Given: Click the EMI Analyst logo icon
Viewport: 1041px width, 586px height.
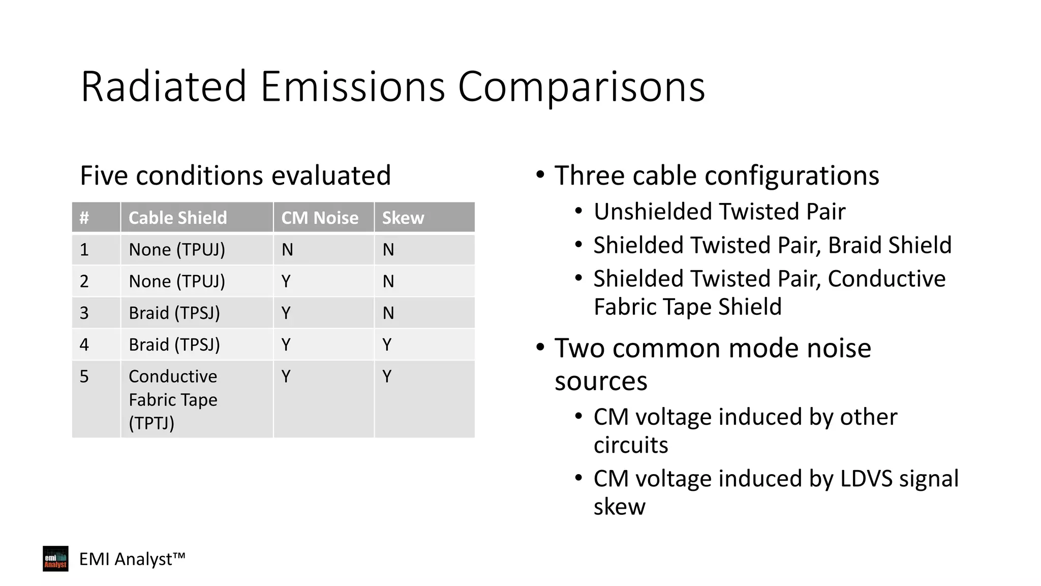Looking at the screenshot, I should (x=55, y=559).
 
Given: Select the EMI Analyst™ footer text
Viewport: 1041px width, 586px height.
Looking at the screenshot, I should (x=132, y=559).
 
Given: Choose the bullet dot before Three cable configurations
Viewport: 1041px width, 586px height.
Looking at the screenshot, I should (x=540, y=175).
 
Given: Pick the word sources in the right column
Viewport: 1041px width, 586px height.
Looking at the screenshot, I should (x=601, y=381).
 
